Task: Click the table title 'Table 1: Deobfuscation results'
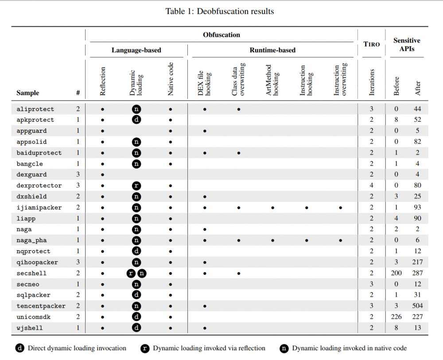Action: [x=220, y=12]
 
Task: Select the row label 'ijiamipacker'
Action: [x=39, y=208]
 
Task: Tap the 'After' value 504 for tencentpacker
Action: [x=417, y=306]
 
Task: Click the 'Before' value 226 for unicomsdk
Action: [x=396, y=317]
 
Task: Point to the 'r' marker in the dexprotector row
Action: [x=136, y=186]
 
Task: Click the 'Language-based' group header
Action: [x=136, y=50]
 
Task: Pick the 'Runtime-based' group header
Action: [x=272, y=50]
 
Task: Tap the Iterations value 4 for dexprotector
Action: [x=372, y=186]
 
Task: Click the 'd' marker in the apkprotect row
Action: [x=136, y=120]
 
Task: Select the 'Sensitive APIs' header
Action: [x=407, y=44]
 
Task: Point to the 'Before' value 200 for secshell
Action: [x=396, y=273]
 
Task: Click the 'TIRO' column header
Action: [x=372, y=44]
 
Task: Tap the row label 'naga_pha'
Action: [x=32, y=240]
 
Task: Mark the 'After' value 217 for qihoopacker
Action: [x=417, y=262]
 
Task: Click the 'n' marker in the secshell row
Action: [x=142, y=273]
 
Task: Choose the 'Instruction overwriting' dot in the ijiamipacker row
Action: [x=340, y=208]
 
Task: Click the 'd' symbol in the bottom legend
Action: [x=20, y=348]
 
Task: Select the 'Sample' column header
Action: [x=28, y=93]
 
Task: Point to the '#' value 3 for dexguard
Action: [x=78, y=175]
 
